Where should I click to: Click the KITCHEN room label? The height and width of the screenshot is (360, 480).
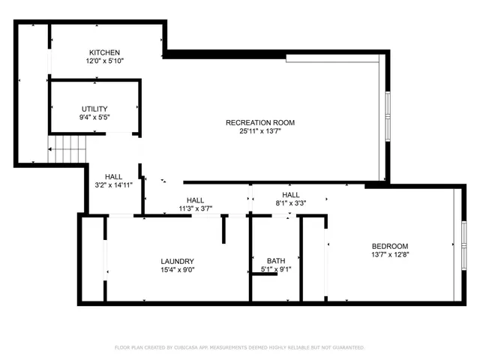click(104, 52)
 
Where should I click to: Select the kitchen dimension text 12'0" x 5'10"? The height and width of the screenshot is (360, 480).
click(104, 61)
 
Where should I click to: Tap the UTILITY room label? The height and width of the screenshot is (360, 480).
click(94, 109)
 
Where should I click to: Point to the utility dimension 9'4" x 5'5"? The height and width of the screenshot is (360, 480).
click(94, 118)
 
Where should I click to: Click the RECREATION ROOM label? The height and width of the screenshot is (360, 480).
click(260, 122)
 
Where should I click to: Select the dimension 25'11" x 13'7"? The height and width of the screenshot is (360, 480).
click(260, 131)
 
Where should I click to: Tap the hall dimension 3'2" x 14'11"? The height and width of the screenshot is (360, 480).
click(114, 185)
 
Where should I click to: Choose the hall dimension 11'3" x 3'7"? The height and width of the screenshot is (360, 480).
click(195, 209)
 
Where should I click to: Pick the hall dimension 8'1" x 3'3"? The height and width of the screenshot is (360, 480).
click(290, 202)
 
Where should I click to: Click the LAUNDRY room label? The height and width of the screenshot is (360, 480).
click(177, 262)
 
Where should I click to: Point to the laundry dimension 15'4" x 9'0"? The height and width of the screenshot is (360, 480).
click(177, 271)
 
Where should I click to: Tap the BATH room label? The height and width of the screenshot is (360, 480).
click(275, 261)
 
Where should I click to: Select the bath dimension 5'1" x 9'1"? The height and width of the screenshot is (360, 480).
click(275, 270)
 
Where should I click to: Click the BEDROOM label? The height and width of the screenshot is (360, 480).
click(390, 246)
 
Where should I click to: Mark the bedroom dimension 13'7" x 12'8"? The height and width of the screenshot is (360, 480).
click(390, 255)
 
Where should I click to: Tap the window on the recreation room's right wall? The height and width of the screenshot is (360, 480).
click(387, 112)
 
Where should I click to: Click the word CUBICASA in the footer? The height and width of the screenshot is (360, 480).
click(190, 348)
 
